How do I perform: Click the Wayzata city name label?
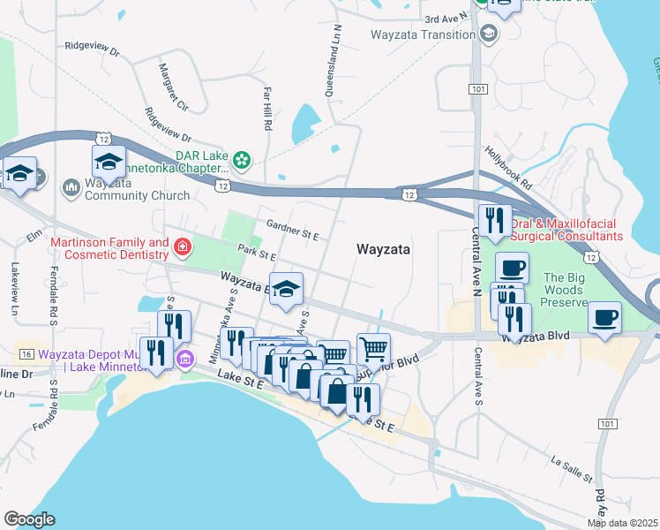point(383,250)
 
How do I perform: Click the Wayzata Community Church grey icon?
point(71,187)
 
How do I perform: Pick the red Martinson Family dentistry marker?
point(182,246)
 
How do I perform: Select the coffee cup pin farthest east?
point(604,317)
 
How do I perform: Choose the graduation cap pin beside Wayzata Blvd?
point(286,289)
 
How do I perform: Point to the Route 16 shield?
point(27,353)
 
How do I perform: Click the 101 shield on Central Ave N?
point(476,90)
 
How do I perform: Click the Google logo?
point(29,519)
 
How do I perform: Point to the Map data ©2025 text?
point(622,523)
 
